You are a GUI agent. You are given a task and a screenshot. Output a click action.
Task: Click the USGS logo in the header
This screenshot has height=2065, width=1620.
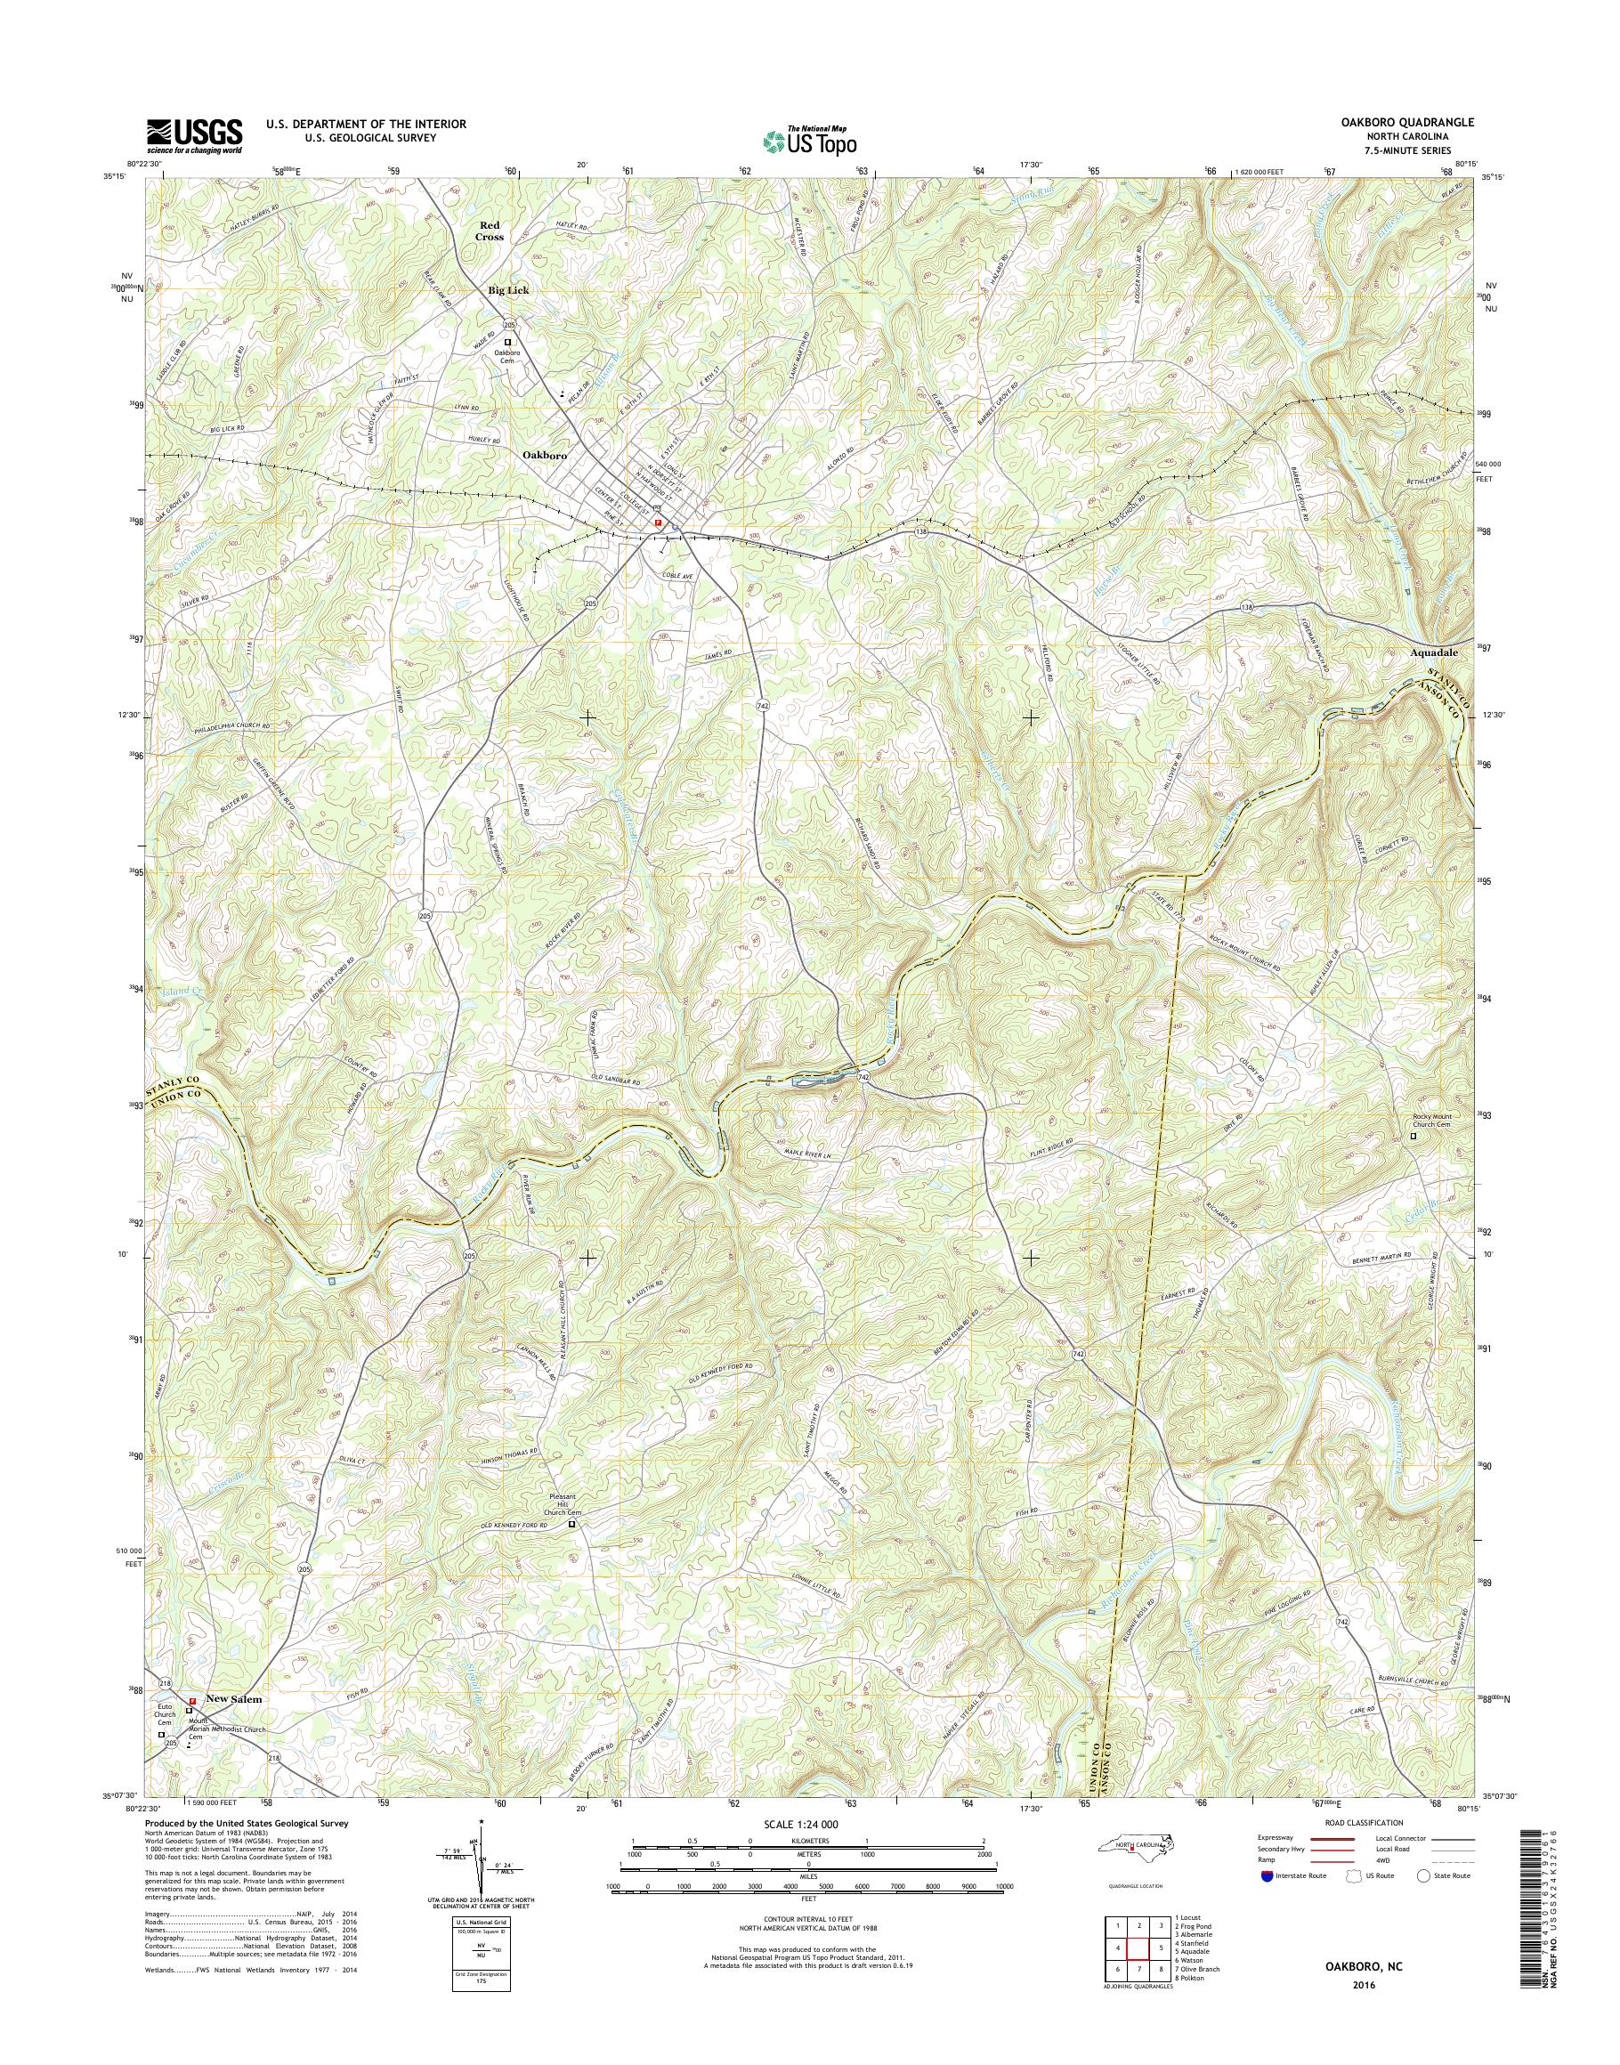pos(193,136)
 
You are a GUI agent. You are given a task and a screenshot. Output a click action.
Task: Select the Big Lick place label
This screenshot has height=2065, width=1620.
pos(508,290)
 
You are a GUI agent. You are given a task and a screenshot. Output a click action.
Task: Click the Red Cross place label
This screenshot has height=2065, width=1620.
pos(490,231)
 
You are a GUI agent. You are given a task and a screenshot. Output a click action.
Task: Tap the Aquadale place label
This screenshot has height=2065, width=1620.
pos(1438,652)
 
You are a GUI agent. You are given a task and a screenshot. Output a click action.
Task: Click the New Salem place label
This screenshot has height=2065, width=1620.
pos(232,1699)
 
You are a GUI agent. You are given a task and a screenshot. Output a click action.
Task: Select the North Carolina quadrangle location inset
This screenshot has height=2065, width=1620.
pos(1134,1872)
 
